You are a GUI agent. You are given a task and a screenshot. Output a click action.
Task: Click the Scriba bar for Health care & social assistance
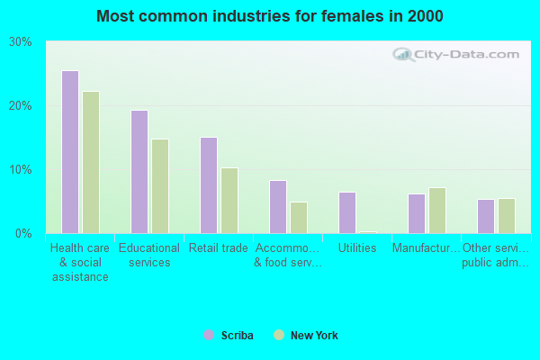(x=70, y=152)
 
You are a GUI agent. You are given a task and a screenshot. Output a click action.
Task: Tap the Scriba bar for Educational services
(x=139, y=172)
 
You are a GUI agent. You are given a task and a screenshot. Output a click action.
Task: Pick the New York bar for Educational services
(x=160, y=186)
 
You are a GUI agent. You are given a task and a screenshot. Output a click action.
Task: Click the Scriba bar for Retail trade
(x=209, y=185)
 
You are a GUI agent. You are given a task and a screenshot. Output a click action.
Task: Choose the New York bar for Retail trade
(x=229, y=201)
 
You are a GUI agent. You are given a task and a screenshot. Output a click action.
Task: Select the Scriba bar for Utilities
(x=347, y=212)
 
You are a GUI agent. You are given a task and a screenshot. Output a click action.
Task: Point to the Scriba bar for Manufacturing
(x=417, y=213)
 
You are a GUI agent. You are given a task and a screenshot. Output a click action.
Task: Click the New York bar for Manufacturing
(x=437, y=211)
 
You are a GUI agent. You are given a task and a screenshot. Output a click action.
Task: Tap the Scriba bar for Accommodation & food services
(x=278, y=207)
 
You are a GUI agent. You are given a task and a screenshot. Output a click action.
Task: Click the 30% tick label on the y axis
(x=21, y=42)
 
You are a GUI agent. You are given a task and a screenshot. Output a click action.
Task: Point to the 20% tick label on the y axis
(x=21, y=106)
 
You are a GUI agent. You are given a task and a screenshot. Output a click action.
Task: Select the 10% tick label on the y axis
(x=21, y=170)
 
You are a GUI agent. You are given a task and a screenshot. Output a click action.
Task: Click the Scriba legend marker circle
(x=209, y=336)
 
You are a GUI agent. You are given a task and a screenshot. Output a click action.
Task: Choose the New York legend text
(x=314, y=336)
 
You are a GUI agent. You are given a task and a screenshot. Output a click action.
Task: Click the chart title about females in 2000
(x=270, y=16)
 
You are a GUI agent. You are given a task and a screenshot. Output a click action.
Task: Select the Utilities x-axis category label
(x=357, y=248)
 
